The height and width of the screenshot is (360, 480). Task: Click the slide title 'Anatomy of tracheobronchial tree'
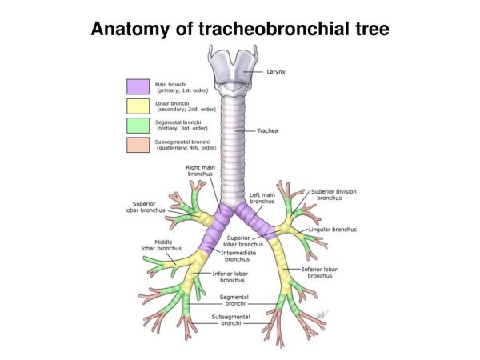240,30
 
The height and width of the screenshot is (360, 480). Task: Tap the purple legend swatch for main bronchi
138,86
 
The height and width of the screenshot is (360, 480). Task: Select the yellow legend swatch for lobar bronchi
138,106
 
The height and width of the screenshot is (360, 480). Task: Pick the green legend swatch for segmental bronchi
138,125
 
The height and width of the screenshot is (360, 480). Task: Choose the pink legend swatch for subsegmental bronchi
138,145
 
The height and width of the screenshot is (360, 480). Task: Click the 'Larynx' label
276,72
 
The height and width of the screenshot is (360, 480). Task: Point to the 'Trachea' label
267,130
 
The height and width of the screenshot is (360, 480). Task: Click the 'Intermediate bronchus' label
237,256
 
